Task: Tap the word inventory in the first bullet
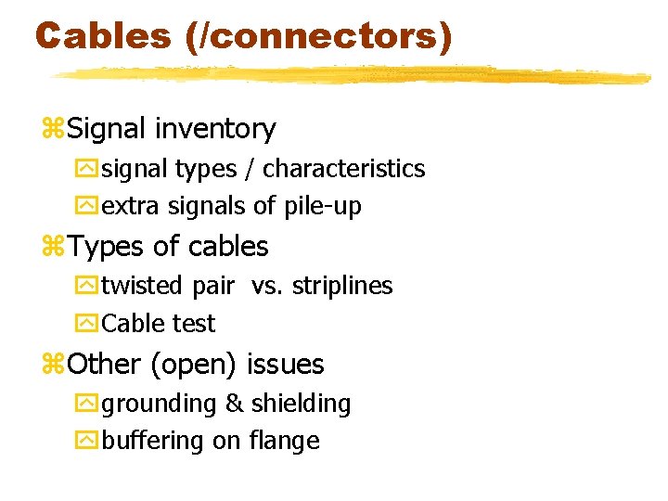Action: click(216, 129)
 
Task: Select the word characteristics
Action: click(344, 169)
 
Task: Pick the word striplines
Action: click(342, 286)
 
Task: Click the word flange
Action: click(284, 441)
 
